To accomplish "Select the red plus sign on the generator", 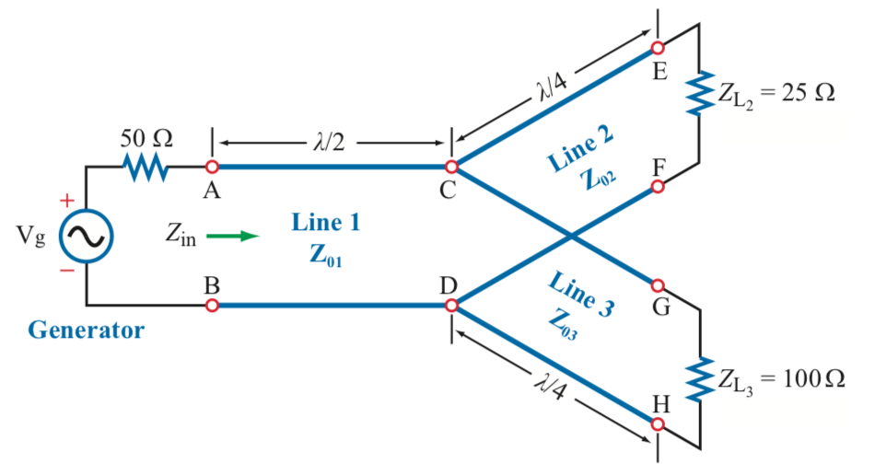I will click(x=66, y=200).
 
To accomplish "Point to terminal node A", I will click(x=212, y=168).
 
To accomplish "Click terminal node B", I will click(x=212, y=304).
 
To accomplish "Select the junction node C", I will click(x=451, y=168).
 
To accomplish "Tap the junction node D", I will click(x=451, y=304).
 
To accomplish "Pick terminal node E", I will click(x=658, y=46).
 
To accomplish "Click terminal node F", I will click(x=658, y=187).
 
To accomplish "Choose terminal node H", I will click(x=658, y=424).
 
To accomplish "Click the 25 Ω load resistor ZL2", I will click(x=701, y=94).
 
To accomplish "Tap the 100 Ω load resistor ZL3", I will click(x=701, y=377).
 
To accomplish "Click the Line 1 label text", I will click(x=326, y=222).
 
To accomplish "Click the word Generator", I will click(x=86, y=330).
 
